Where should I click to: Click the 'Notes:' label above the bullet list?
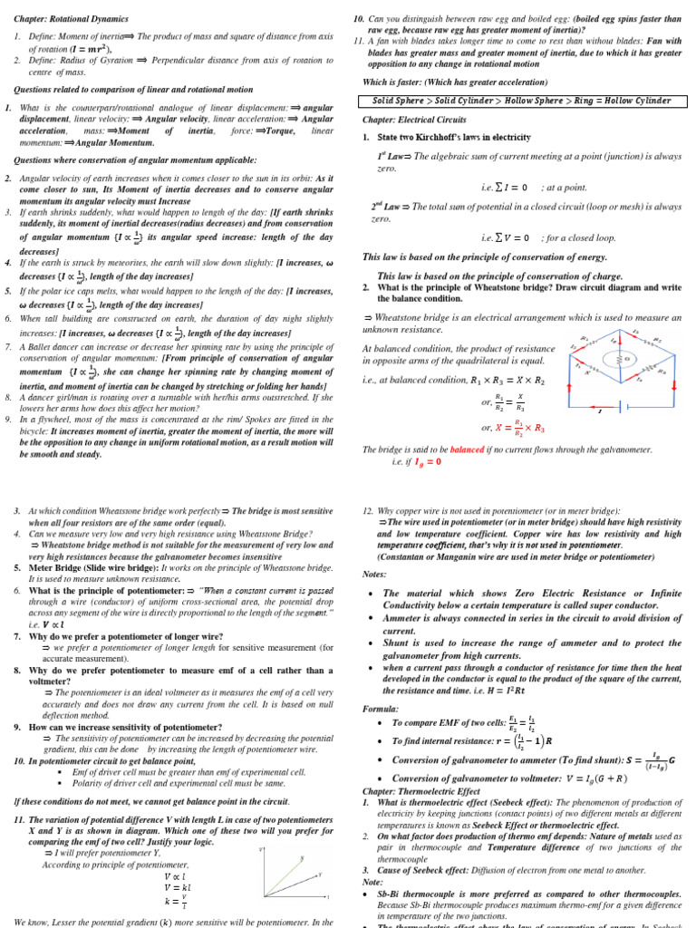(374, 574)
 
